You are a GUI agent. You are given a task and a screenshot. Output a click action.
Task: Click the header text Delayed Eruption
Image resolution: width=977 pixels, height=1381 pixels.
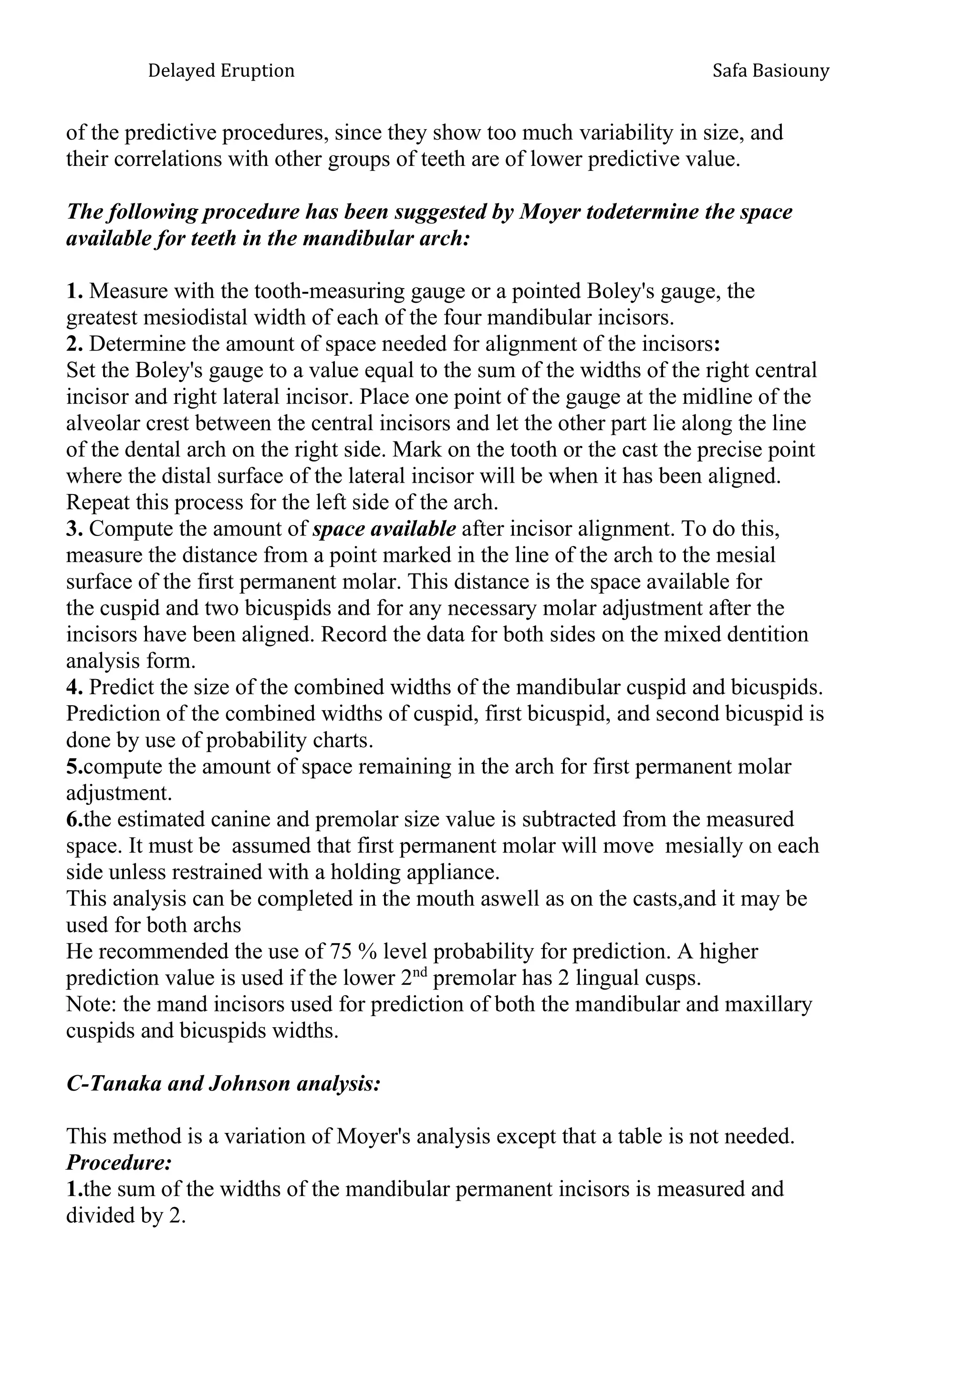pyautogui.click(x=221, y=71)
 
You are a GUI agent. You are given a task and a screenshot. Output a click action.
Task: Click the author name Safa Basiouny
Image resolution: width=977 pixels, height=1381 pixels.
pyautogui.click(x=770, y=71)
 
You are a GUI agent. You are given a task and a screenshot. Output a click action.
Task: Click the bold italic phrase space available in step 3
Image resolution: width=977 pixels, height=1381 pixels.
pyautogui.click(x=385, y=529)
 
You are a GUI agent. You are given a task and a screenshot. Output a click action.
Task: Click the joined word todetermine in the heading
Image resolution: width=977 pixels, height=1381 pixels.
pyautogui.click(x=643, y=212)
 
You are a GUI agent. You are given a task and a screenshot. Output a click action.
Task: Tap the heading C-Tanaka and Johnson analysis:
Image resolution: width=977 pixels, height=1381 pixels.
pyautogui.click(x=223, y=1083)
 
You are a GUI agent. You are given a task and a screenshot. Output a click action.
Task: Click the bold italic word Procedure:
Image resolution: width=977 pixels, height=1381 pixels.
pyautogui.click(x=119, y=1163)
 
